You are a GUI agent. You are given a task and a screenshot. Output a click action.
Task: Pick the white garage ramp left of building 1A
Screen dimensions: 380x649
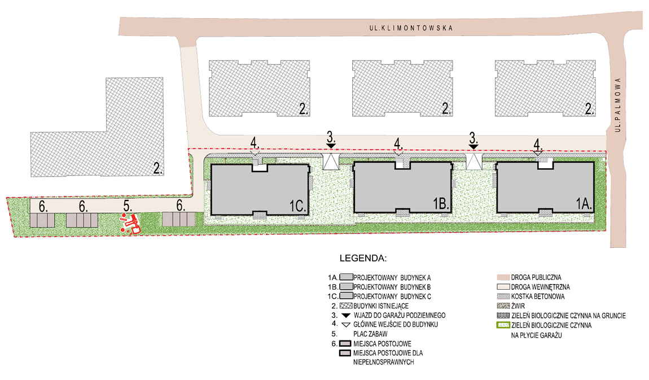[473, 162]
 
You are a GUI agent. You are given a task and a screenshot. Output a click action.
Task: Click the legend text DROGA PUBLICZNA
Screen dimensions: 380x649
[536, 277]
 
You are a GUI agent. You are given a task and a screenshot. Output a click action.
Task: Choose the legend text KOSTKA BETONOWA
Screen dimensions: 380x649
[538, 296]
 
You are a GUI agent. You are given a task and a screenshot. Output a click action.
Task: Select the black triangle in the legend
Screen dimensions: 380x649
[346, 315]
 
